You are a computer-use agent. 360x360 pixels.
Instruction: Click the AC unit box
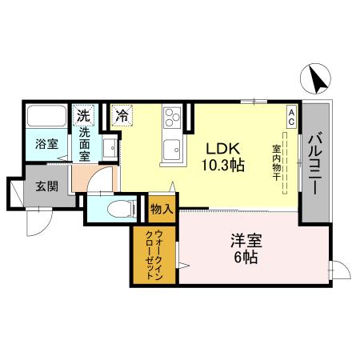(292, 114)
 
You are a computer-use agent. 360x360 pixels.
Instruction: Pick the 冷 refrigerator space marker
(122, 115)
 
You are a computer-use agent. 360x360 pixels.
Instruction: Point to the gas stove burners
(171, 120)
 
